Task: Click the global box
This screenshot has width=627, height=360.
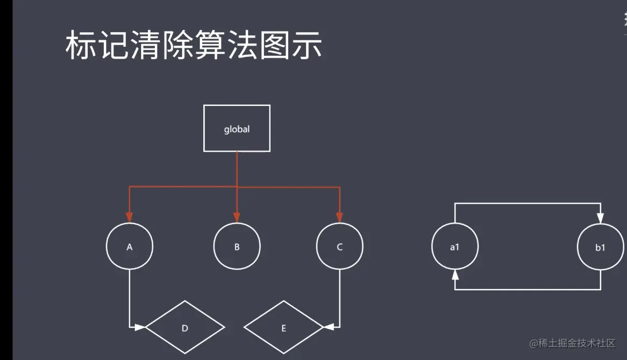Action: click(x=237, y=128)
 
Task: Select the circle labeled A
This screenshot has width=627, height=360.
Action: click(x=130, y=247)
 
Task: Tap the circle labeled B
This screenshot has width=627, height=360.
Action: click(x=237, y=247)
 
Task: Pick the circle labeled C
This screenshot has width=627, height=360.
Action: click(x=339, y=247)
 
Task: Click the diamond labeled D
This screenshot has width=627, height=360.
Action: click(x=185, y=327)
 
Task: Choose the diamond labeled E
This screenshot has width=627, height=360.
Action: click(x=283, y=327)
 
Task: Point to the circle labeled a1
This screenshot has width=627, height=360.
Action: click(x=455, y=247)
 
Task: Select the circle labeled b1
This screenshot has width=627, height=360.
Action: click(x=600, y=247)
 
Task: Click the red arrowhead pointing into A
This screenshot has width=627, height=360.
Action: click(x=130, y=217)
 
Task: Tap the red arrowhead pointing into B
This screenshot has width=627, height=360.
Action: click(x=237, y=217)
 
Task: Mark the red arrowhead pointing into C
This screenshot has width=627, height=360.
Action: click(x=339, y=217)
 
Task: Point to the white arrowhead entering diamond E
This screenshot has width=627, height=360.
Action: click(x=329, y=327)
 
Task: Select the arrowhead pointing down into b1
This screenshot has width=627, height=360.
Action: click(x=600, y=219)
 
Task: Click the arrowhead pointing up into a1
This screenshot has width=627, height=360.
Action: click(x=455, y=275)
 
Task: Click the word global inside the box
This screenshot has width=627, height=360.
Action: click(x=237, y=129)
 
